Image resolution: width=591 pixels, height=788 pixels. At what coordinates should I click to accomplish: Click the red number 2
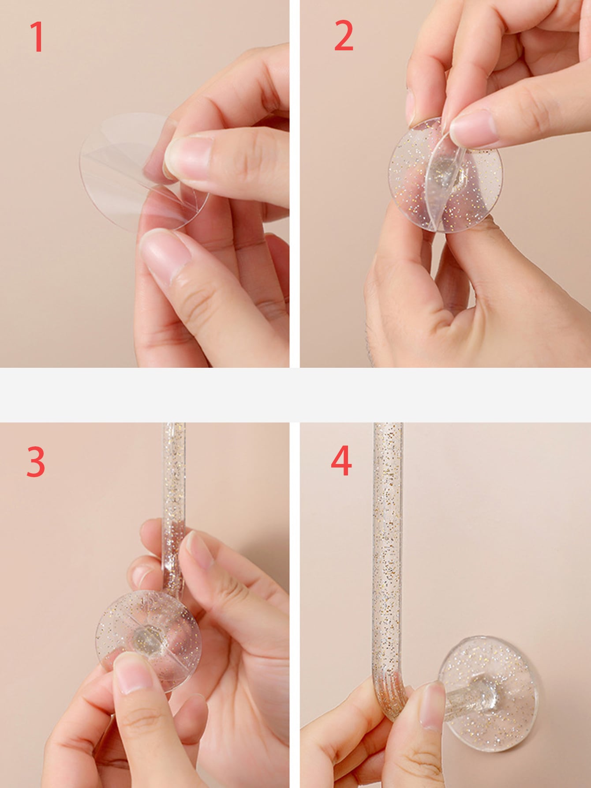(344, 36)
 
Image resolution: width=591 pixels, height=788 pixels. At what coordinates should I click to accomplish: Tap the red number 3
(36, 461)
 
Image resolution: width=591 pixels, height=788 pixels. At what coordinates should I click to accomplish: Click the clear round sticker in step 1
(132, 170)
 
